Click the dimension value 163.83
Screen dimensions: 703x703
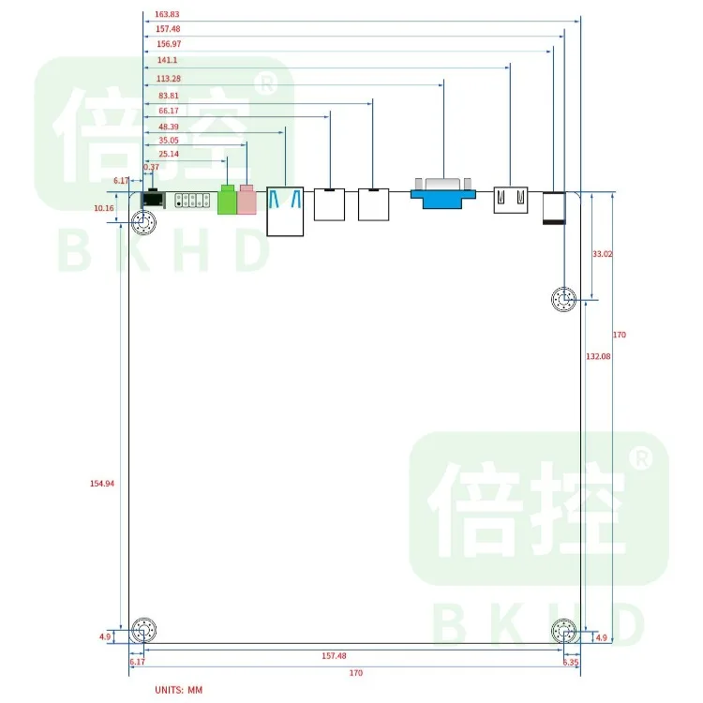coord(166,14)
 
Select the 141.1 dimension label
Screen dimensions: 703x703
coord(167,59)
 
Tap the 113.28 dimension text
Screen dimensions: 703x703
coord(170,79)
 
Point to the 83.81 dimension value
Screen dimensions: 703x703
coord(169,96)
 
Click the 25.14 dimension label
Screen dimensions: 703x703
coord(169,154)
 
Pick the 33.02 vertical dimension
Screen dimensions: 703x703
coord(602,254)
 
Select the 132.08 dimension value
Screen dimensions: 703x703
coord(598,357)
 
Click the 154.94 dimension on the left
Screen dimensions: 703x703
coord(102,483)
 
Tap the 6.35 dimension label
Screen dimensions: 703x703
coord(571,662)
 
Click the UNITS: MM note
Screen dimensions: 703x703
coord(178,690)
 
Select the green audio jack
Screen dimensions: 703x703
coord(227,201)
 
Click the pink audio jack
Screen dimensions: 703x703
coord(247,200)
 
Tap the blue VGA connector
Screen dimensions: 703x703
coord(442,193)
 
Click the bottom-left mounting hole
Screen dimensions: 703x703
coord(144,632)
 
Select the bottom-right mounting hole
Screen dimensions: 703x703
coord(563,632)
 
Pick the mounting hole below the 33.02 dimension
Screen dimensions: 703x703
coord(563,300)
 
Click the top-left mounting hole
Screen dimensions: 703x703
coord(144,223)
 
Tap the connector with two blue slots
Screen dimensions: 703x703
coord(286,211)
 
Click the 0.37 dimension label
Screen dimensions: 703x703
coord(151,167)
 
